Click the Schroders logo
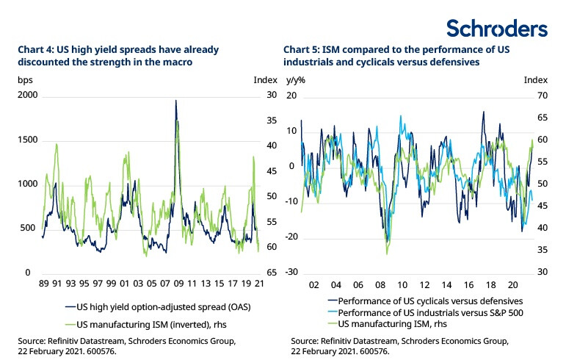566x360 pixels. pos(497,28)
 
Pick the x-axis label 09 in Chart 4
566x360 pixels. pos(177,284)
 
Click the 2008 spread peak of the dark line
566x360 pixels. pos(175,101)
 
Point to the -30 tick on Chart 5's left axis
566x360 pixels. pos(291,273)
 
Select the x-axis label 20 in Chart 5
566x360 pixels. pos(511,284)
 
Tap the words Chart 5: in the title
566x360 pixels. pos(302,49)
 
